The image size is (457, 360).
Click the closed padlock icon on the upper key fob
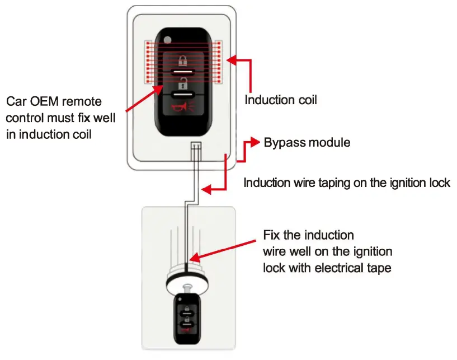click(182, 60)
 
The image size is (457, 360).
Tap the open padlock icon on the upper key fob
click(182, 85)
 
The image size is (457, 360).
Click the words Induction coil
click(281, 100)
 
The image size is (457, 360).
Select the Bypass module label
click(307, 142)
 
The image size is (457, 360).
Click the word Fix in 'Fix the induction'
click(272, 234)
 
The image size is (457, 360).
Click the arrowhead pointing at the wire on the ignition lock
click(194, 259)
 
